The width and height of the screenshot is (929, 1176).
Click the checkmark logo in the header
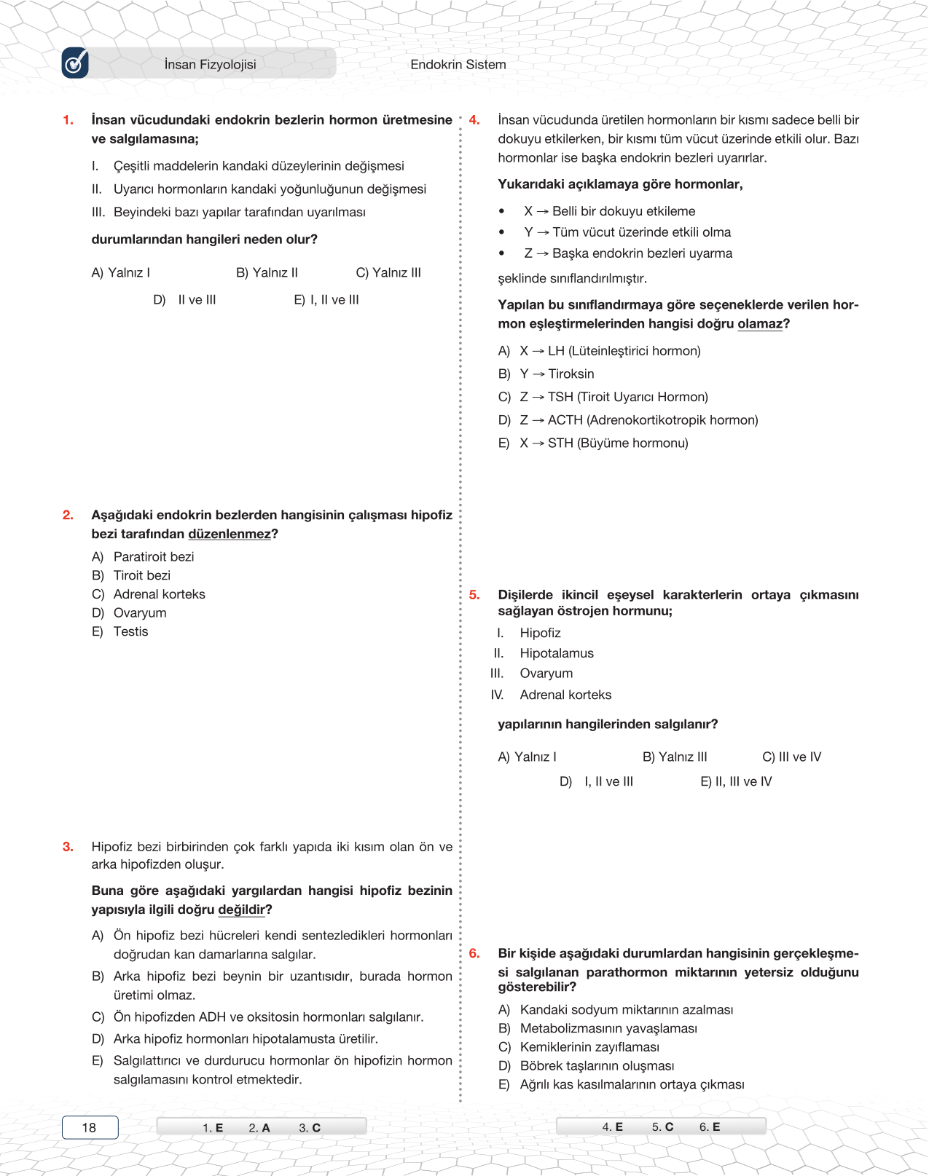tap(75, 63)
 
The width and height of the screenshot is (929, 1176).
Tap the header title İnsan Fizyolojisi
tap(210, 65)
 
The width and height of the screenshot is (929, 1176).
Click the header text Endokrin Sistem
tap(458, 65)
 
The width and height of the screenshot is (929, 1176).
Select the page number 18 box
tap(90, 1127)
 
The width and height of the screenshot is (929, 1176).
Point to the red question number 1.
tap(68, 120)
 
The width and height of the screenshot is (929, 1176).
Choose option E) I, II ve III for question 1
tap(326, 300)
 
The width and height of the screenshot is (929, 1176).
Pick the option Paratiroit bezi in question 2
tap(153, 557)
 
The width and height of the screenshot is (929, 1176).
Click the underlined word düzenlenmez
tap(229, 534)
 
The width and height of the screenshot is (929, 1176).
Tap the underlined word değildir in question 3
tap(241, 909)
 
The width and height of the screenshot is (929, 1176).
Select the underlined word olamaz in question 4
tap(760, 324)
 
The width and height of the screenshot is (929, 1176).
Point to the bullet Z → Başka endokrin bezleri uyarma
tap(627, 253)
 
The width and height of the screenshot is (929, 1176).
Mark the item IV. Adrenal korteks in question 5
tap(565, 695)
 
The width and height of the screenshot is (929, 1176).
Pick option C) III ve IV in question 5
tap(791, 757)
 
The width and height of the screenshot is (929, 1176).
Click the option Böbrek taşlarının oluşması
tap(596, 1066)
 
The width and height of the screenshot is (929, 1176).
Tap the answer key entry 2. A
tap(259, 1128)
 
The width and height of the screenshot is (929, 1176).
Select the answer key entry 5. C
tap(662, 1127)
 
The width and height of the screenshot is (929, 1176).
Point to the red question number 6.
tap(474, 954)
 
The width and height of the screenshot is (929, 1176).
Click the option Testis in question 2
tap(130, 632)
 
